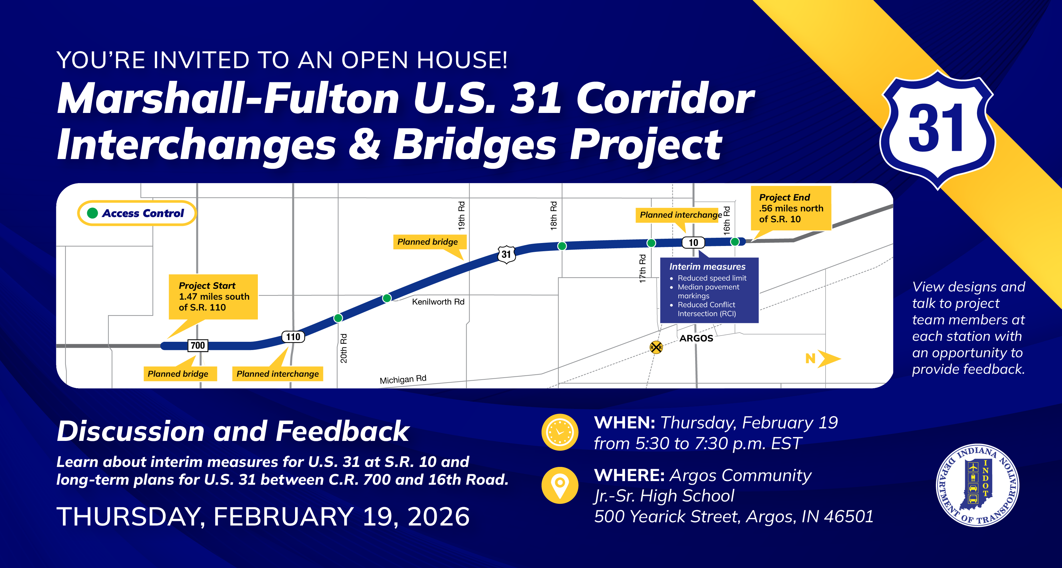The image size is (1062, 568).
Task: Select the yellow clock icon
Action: [559, 432]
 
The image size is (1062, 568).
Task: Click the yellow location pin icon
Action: [559, 485]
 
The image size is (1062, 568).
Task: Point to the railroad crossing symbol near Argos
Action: [656, 347]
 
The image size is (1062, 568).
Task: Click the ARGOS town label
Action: [696, 338]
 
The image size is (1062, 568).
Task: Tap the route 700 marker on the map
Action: [198, 345]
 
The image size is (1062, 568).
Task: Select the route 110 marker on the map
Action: [293, 337]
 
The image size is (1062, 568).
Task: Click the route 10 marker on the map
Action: [694, 242]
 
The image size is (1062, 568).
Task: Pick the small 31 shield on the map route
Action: [506, 254]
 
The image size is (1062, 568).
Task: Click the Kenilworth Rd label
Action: [438, 302]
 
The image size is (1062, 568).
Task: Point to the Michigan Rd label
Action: [403, 379]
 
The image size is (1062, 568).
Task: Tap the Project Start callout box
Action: [213, 296]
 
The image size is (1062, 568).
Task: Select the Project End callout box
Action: [790, 208]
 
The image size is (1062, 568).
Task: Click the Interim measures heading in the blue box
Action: [707, 267]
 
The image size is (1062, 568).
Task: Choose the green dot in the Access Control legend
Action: [92, 213]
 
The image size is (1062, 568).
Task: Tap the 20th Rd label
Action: [343, 348]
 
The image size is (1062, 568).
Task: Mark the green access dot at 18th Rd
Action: [561, 246]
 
